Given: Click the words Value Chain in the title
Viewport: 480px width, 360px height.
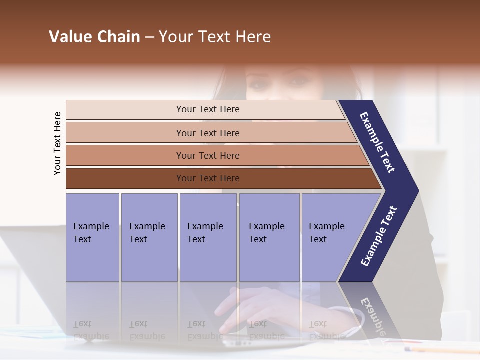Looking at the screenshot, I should [94, 37].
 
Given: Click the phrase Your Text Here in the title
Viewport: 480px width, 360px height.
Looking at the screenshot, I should [215, 37].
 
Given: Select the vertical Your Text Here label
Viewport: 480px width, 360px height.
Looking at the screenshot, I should [57, 143].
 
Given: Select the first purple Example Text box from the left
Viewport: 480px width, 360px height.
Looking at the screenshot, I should [92, 237].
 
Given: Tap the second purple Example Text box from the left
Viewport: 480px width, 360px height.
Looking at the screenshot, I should [149, 237].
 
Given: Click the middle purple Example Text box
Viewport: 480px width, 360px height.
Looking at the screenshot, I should [208, 237].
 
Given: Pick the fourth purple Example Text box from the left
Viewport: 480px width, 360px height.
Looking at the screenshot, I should [269, 237].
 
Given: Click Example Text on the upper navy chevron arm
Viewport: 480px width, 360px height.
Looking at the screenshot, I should [377, 142].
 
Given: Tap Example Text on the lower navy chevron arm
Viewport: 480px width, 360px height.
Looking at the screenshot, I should [379, 236].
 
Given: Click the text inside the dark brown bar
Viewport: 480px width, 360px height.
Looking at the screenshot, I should [208, 178].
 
